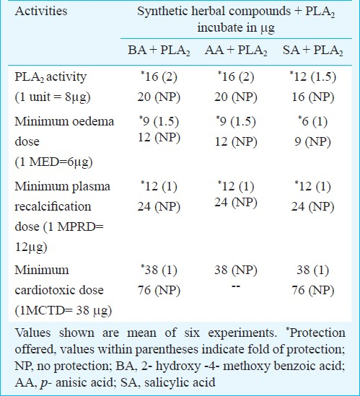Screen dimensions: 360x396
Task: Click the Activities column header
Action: [x=41, y=12]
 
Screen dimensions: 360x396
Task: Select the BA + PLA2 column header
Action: [x=159, y=50]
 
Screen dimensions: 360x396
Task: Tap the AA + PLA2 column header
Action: [x=236, y=50]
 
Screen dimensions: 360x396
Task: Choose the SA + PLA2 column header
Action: [x=313, y=50]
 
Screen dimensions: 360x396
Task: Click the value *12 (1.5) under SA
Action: [x=313, y=76]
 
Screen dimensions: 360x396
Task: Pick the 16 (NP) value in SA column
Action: [x=313, y=97]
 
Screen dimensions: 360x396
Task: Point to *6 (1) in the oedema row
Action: [x=313, y=121]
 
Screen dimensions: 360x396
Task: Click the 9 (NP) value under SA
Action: [x=313, y=141]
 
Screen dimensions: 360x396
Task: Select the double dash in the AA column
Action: [x=236, y=286]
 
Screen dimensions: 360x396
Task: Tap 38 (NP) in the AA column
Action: [x=236, y=270]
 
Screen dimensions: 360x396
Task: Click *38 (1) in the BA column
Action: [x=159, y=270]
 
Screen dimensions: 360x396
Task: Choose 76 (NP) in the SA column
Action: [x=313, y=290]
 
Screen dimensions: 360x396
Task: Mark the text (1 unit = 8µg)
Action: [x=53, y=97]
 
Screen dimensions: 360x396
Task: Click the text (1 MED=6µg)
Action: [x=53, y=162]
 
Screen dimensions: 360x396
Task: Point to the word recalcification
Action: [x=53, y=206]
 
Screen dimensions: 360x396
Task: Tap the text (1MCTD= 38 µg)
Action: [x=63, y=310]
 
